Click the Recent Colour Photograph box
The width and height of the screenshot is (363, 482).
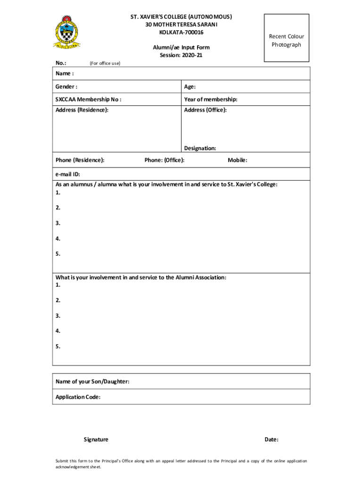286,38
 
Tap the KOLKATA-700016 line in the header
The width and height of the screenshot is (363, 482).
181,32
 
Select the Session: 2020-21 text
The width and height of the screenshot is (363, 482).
181,55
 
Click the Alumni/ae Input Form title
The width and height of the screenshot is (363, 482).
181,48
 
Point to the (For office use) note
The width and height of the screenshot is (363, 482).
105,63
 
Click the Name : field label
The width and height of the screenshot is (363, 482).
65,73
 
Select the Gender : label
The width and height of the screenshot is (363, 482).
66,87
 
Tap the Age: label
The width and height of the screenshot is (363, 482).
190,87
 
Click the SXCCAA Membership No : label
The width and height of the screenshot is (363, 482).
88,99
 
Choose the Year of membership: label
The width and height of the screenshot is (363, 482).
211,99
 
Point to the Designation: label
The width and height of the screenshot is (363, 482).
200,148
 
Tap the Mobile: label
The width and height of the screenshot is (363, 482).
238,160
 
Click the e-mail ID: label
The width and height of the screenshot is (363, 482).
68,174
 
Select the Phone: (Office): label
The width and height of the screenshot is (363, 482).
165,160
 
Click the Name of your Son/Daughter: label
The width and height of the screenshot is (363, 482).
92,381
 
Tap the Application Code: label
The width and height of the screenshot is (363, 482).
78,397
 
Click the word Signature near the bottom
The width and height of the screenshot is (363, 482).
96,440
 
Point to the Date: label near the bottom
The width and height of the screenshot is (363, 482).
272,440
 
